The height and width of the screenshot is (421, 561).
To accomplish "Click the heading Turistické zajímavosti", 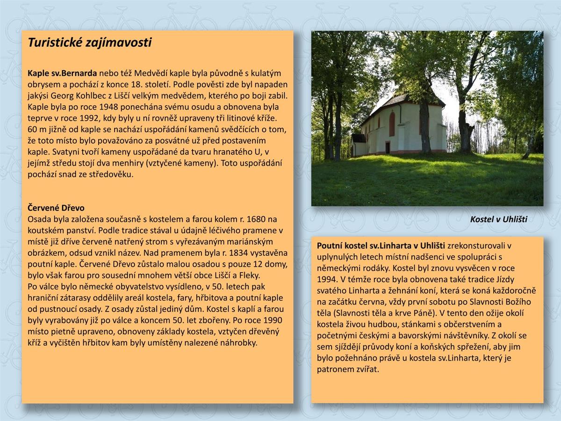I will pos(90,43).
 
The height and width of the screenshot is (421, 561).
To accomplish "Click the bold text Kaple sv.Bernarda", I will pos(62,73).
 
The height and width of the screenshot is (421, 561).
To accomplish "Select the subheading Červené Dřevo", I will pos(56,208).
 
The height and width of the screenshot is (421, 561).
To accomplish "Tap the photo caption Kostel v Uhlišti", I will pos(498,219).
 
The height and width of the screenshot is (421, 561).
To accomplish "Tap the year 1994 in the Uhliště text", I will pos(327,279).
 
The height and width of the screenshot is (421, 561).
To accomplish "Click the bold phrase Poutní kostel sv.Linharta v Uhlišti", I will pos(381,246).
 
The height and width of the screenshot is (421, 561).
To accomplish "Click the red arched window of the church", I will pos(392,124).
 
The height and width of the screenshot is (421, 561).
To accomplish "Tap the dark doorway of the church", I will pos(388,148).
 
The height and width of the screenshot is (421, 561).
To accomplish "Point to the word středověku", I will pos(110,174).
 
